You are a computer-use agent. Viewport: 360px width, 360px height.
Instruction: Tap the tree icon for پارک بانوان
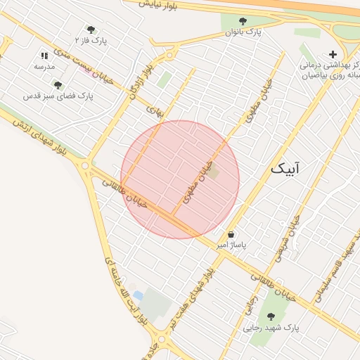[243, 21]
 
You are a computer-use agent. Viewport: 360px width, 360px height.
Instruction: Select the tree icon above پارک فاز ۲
[91, 30]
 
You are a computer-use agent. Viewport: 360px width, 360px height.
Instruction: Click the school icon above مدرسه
[44, 55]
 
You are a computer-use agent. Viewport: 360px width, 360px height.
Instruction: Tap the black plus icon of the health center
[333, 54]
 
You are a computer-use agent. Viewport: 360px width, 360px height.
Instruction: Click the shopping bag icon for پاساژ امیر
[231, 234]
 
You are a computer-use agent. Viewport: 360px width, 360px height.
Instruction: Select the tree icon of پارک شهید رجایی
[271, 316]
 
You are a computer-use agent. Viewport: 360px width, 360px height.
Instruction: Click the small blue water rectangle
[138, 295]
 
